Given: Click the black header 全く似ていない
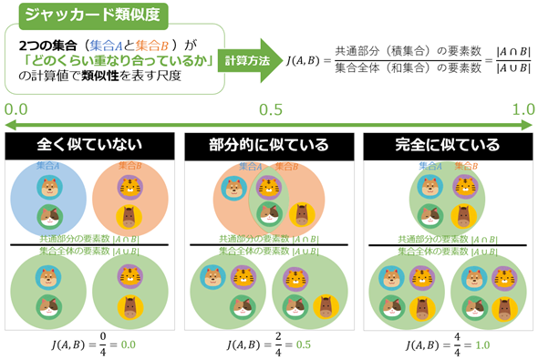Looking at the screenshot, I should pyautogui.click(x=89, y=146).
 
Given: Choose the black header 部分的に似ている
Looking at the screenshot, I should pyautogui.click(x=269, y=146).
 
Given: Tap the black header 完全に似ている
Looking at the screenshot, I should pyautogui.click(x=447, y=146).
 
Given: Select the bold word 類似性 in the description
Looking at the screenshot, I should pyautogui.click(x=102, y=77).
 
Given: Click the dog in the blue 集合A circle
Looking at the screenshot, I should pyautogui.click(x=49, y=188).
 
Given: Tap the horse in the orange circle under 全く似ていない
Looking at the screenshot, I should pyautogui.click(x=132, y=217).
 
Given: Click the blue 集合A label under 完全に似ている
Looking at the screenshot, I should pyautogui.click(x=432, y=167).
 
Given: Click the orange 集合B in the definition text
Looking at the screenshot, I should pyautogui.click(x=160, y=44).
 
